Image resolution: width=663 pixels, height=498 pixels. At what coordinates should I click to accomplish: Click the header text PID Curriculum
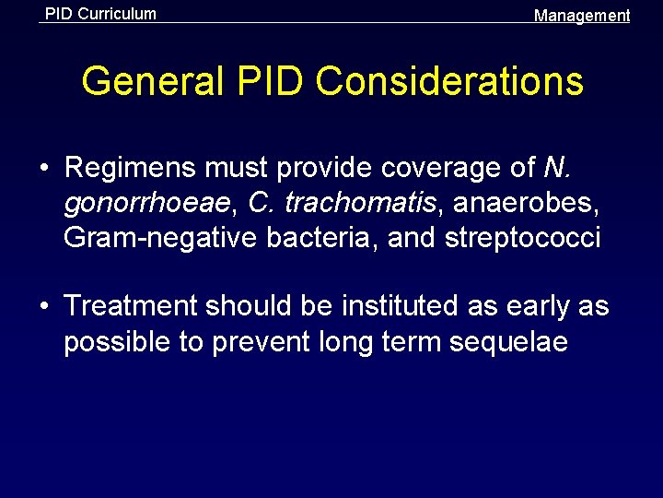point(100,14)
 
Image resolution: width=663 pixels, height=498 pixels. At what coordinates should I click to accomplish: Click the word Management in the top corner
point(582,16)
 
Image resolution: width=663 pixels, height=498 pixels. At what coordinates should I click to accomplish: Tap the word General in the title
point(153,81)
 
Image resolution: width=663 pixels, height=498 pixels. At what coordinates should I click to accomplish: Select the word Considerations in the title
point(449,81)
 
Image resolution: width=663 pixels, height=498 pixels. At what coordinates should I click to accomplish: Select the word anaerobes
point(480,203)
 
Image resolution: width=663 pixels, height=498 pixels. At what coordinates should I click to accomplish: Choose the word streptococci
point(522,237)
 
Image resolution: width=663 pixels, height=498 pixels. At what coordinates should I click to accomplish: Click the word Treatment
point(131,306)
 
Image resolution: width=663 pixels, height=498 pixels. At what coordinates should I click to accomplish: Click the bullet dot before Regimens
point(44,170)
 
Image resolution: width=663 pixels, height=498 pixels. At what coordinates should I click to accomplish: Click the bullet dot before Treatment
point(44,307)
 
